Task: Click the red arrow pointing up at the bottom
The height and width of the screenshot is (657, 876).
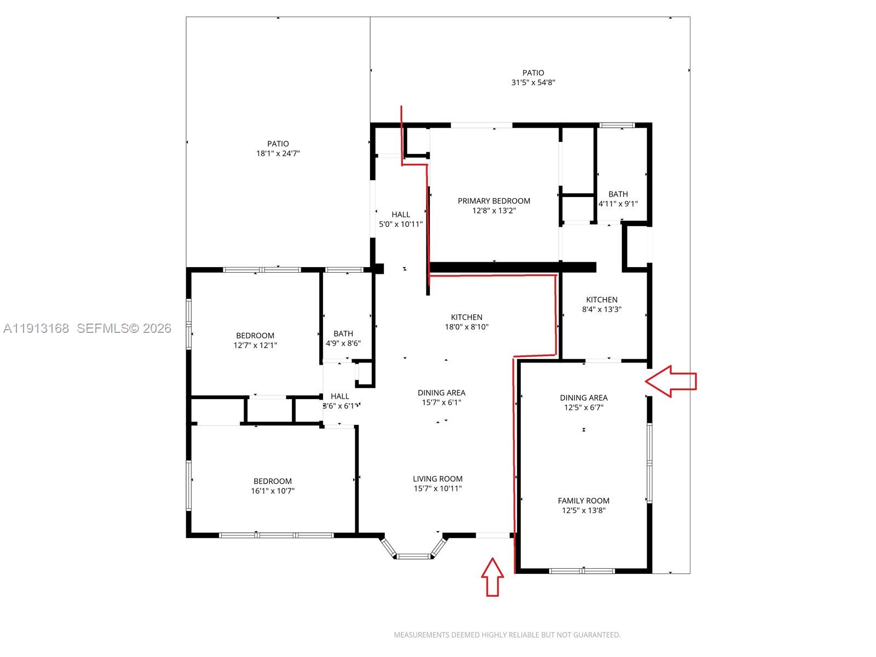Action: pos(492,577)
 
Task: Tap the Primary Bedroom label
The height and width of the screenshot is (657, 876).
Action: pos(494,201)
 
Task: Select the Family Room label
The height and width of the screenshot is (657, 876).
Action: pos(584,500)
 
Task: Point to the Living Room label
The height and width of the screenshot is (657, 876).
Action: pos(437,479)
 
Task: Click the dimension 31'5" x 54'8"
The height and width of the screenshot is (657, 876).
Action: pos(533,83)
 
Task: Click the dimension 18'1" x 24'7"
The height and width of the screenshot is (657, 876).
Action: pos(278,154)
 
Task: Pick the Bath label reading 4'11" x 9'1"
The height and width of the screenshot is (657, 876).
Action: pos(618,199)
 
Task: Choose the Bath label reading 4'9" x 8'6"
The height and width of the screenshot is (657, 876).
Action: pos(343,338)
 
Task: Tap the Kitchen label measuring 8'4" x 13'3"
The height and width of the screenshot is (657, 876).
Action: pos(602,304)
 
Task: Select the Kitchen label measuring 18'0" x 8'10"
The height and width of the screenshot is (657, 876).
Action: pos(466,322)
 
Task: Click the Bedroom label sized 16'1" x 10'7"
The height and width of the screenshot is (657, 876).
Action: pos(273,486)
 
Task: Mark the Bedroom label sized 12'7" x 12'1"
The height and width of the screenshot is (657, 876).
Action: pos(255,340)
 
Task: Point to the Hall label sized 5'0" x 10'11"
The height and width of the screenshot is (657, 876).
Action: pos(401,219)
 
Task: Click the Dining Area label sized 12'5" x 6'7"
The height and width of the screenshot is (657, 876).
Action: pos(584,402)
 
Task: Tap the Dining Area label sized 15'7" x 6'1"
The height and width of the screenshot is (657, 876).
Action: pos(441,397)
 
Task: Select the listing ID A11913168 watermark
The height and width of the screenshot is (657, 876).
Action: pos(36,328)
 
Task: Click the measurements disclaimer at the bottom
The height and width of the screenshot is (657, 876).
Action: pos(507,635)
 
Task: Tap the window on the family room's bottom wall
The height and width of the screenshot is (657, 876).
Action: pos(583,570)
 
